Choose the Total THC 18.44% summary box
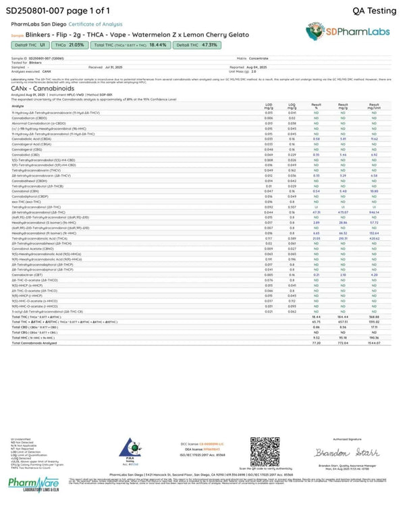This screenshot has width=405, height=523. click(x=129, y=45)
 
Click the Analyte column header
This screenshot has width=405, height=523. click(x=18, y=106)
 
